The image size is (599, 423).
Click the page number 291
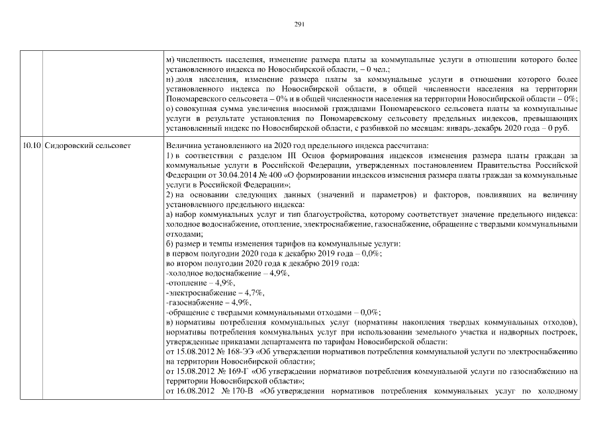(299, 24)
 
